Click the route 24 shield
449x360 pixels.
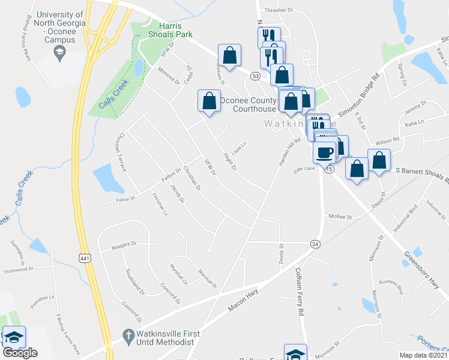pos(315,244)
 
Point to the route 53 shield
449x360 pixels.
pos(256,76)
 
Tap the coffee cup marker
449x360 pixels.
pos(325,152)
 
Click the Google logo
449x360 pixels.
pos(20,353)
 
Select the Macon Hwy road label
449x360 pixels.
pos(243,300)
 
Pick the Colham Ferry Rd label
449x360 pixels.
pos(299,292)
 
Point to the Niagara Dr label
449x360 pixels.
pos(125,244)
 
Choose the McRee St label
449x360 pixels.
pos(339,217)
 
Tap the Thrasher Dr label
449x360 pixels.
pos(278,11)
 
